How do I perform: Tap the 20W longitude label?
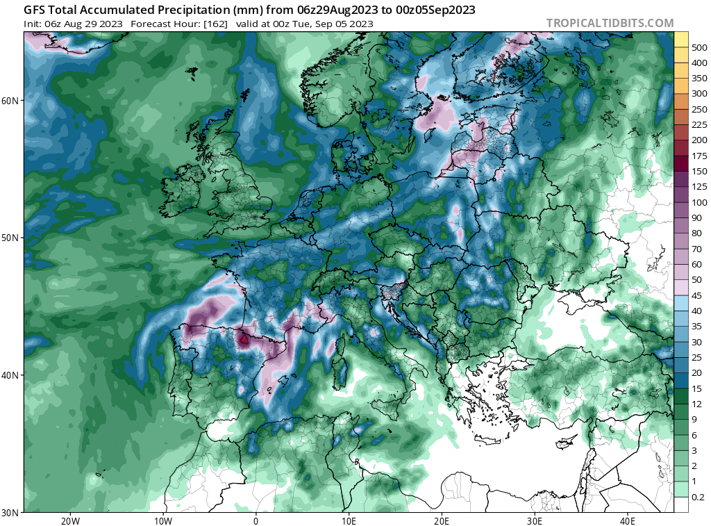(x=69, y=520)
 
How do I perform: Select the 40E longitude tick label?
(x=628, y=520)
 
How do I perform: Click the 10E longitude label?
(x=349, y=520)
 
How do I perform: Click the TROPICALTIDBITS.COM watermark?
(x=610, y=23)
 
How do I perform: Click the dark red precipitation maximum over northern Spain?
(x=244, y=340)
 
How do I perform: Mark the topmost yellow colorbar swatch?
(x=681, y=39)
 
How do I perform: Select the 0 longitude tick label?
(x=256, y=520)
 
